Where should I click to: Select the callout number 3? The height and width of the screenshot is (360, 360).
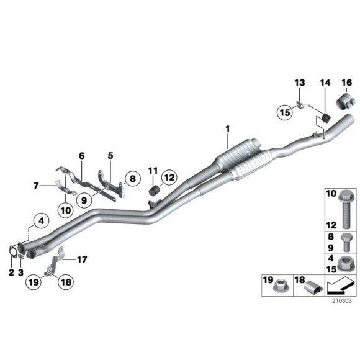(x=21, y=272)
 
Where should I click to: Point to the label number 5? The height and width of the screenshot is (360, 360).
(x=110, y=156)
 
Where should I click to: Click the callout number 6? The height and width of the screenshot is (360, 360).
(x=81, y=156)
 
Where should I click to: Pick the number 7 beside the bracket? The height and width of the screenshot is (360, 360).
(x=36, y=185)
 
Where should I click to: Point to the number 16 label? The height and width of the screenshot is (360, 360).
(x=346, y=83)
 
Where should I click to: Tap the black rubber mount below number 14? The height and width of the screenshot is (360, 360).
(x=326, y=117)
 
